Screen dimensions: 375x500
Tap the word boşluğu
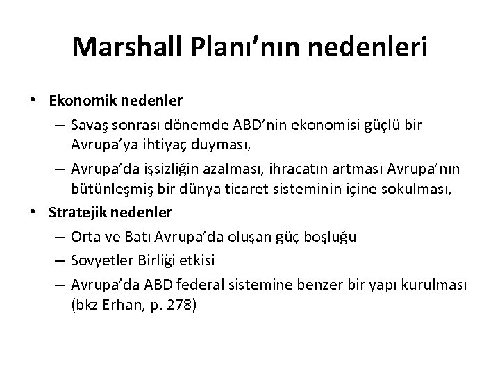pyautogui.click(x=331, y=236)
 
